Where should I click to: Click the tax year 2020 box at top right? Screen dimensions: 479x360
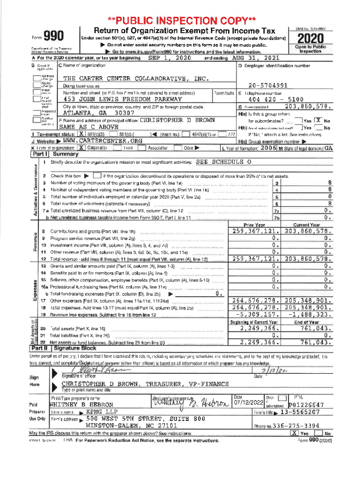[310, 38]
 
